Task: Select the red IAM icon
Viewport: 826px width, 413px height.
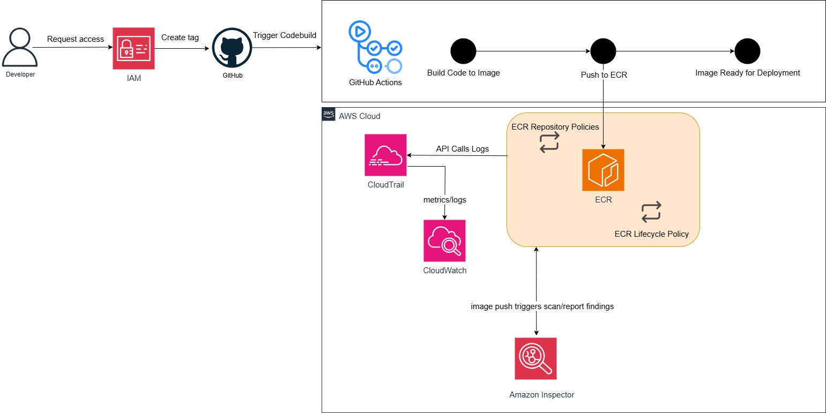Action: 133,49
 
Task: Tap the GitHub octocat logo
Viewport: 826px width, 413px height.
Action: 232,48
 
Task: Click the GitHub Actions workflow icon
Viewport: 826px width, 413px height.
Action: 375,48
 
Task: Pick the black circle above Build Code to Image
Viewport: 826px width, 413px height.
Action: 463,51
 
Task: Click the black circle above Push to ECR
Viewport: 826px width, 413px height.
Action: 604,51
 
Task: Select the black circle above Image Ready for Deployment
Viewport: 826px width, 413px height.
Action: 747,51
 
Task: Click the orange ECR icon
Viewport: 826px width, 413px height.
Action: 603,170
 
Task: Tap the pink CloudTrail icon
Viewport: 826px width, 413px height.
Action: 385,155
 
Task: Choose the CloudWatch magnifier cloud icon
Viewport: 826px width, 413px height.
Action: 444,241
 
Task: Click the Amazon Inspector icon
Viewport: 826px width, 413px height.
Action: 535,358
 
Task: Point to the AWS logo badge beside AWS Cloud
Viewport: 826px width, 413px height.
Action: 329,114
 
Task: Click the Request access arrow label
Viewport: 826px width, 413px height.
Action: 76,39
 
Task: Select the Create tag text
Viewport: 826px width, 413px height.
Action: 180,37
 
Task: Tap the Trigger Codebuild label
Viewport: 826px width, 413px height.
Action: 285,35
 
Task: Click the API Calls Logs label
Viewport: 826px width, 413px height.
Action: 462,149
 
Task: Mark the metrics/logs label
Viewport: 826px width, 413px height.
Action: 444,200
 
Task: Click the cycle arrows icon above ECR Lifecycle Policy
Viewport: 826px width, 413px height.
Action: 651,212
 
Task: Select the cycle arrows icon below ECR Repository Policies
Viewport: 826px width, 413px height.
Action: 549,142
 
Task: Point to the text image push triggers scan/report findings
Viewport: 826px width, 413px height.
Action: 542,307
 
